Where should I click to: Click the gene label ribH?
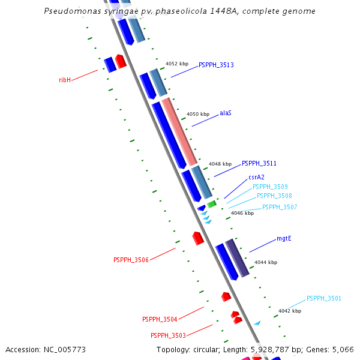click(x=65, y=80)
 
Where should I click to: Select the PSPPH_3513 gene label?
click(x=216, y=65)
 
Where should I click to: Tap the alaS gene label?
click(x=226, y=113)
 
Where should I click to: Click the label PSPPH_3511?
click(x=259, y=163)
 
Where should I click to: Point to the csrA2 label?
click(x=256, y=177)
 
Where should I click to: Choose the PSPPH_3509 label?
click(x=270, y=187)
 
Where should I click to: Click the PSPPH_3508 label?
click(x=274, y=196)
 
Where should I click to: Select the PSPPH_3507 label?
click(x=280, y=207)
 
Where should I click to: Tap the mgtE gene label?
click(x=284, y=239)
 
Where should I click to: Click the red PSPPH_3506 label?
click(x=131, y=260)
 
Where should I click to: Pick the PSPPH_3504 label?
click(x=160, y=319)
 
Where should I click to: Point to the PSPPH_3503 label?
click(x=168, y=335)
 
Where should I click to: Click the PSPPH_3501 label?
click(x=324, y=298)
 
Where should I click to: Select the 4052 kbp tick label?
click(x=177, y=63)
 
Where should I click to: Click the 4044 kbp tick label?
click(x=266, y=262)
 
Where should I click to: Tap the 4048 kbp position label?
click(x=220, y=164)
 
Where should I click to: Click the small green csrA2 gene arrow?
click(x=212, y=204)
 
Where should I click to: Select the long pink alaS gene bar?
click(x=180, y=132)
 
